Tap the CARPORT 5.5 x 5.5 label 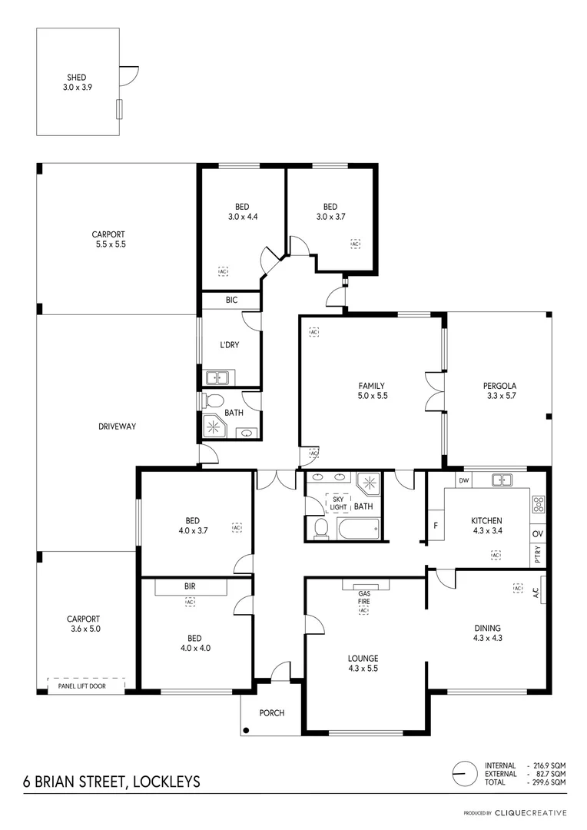108,239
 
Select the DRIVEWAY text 117,427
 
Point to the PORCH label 271,713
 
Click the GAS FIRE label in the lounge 365,597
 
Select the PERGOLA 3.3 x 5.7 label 499,390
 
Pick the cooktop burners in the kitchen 538,505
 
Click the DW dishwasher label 463,481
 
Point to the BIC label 231,300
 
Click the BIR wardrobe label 190,586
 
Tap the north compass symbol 464,773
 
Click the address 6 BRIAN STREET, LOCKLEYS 111,782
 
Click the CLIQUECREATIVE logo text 531,812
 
